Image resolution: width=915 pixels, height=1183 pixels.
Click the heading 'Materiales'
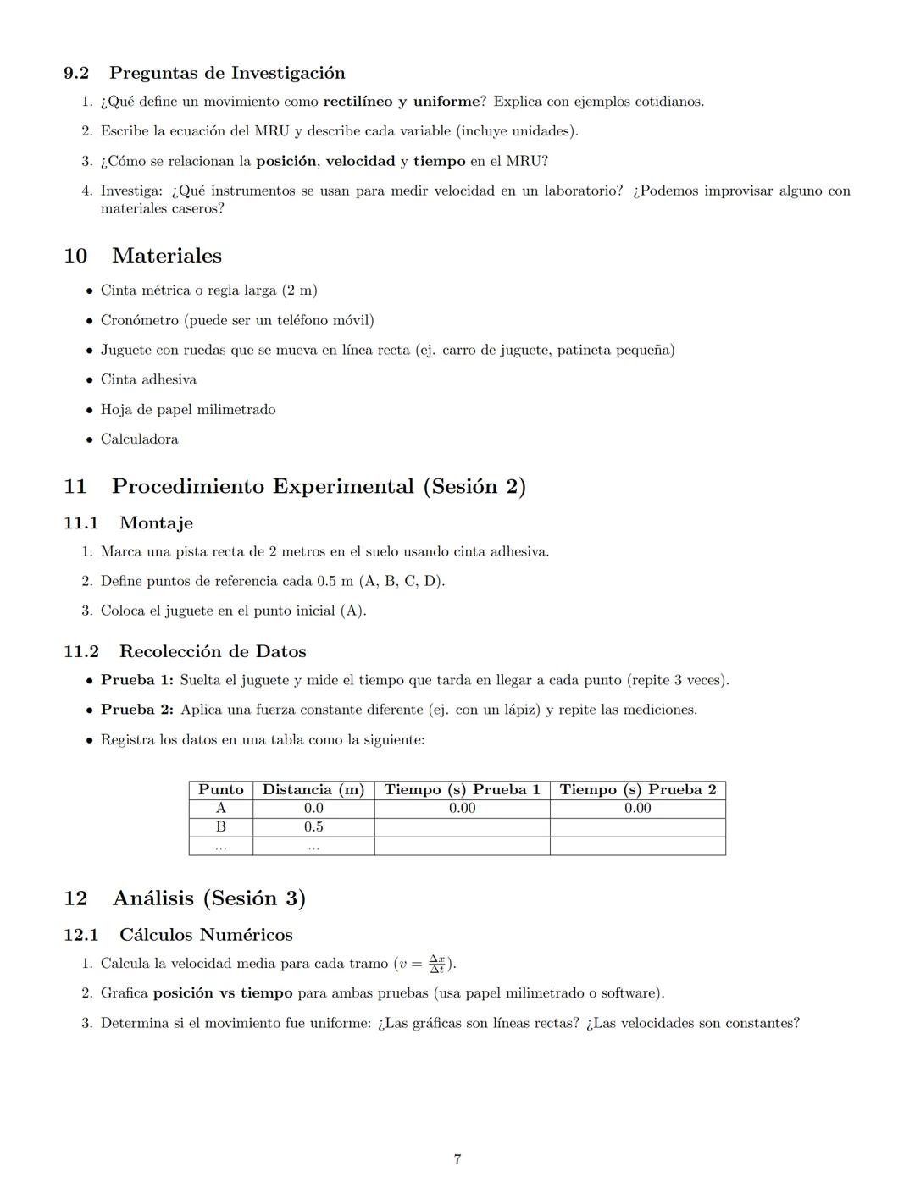(x=166, y=256)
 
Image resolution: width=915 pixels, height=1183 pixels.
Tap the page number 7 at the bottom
(x=457, y=1159)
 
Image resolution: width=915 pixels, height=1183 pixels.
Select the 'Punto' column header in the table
(x=220, y=789)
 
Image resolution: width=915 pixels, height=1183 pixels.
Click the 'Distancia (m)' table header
(x=313, y=789)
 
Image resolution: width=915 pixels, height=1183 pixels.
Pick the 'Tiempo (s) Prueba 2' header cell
(x=637, y=789)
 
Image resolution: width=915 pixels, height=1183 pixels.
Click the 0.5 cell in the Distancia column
(x=313, y=826)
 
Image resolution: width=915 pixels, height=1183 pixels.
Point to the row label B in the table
(x=220, y=826)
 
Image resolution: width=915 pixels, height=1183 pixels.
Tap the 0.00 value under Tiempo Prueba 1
(x=462, y=808)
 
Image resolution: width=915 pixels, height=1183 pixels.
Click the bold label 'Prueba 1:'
(x=137, y=680)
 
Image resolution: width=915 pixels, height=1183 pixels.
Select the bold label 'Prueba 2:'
(x=137, y=710)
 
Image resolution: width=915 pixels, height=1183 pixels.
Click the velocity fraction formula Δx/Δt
(x=436, y=964)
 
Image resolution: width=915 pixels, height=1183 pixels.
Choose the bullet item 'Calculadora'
(x=139, y=439)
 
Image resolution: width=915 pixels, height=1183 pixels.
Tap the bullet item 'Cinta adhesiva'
(x=148, y=379)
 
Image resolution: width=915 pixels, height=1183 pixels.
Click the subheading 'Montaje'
(x=156, y=523)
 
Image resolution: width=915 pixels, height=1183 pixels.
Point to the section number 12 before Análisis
(x=75, y=898)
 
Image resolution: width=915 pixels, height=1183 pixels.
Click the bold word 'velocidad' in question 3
(x=360, y=161)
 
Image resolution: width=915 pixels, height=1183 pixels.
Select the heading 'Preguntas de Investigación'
(x=227, y=73)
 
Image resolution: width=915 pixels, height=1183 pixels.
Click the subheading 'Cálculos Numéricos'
(x=206, y=935)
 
